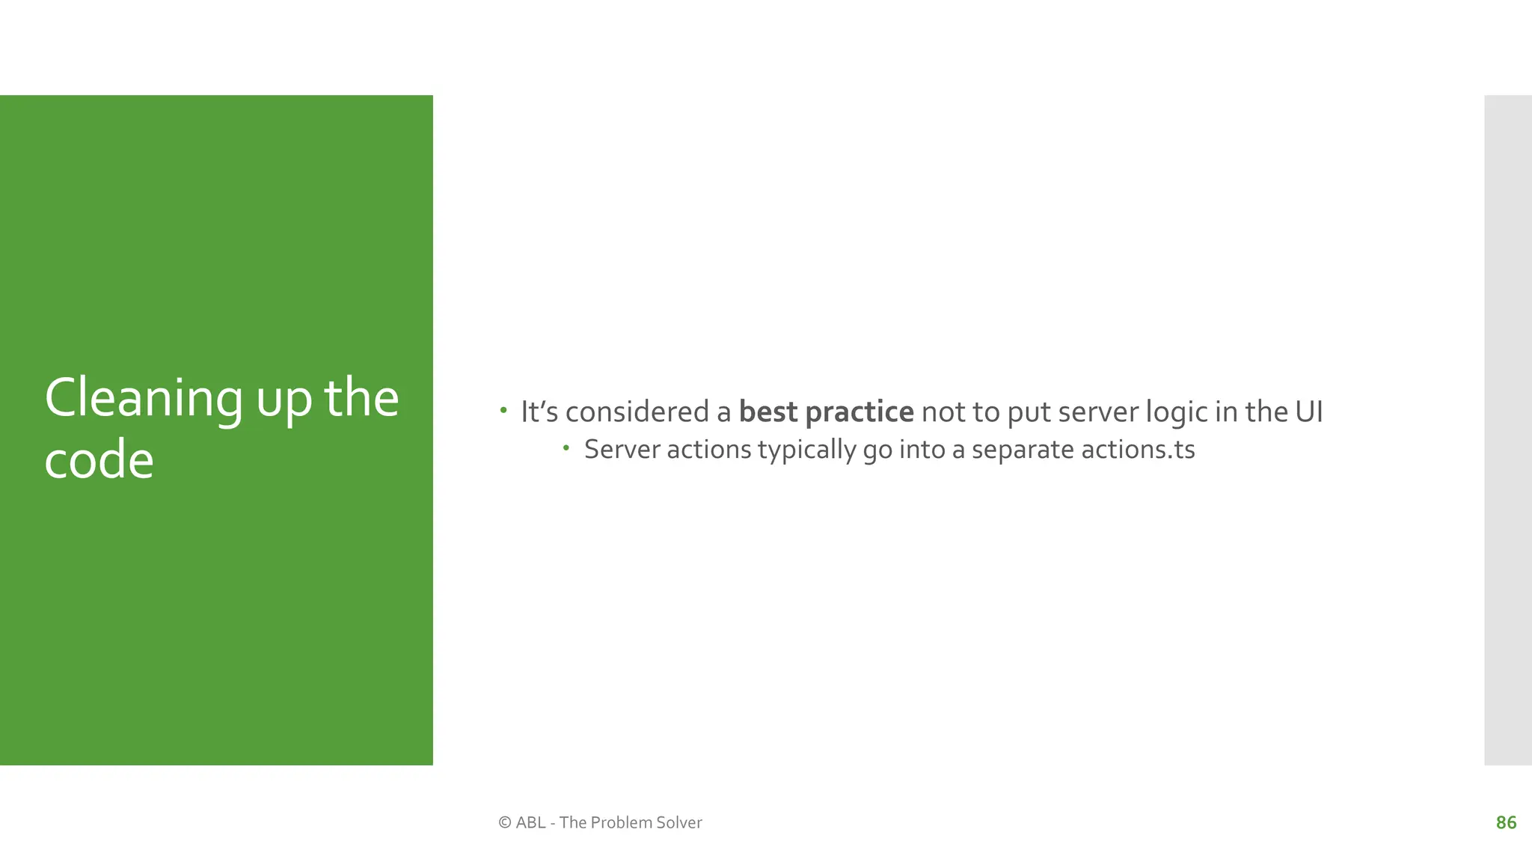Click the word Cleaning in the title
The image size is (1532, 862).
(143, 398)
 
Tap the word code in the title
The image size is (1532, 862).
(99, 460)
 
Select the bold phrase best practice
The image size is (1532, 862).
(826, 412)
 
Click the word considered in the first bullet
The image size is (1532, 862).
(637, 412)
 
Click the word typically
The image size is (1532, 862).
(806, 450)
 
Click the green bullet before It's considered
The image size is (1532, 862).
(503, 410)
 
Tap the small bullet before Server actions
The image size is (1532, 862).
(566, 448)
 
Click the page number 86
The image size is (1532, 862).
(1506, 823)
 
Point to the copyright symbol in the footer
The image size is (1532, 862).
(504, 823)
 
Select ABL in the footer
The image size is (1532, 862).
(530, 823)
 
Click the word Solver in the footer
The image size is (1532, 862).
(678, 823)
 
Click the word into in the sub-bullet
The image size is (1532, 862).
(921, 450)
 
